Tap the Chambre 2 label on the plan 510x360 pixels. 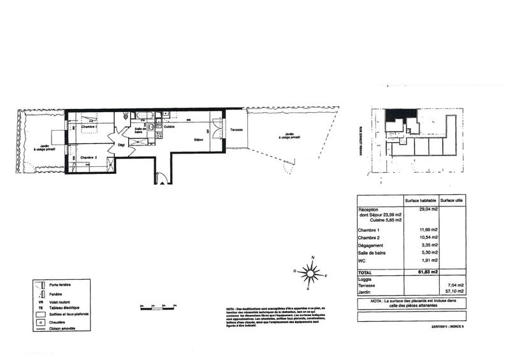[88, 157]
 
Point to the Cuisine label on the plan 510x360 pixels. [170, 127]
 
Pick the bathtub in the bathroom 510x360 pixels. [142, 116]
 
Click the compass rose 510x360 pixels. [310, 273]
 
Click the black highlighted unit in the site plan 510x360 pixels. [400, 115]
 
